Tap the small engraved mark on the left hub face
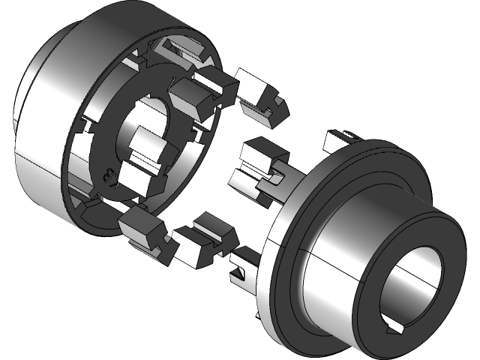(x=104, y=176)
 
